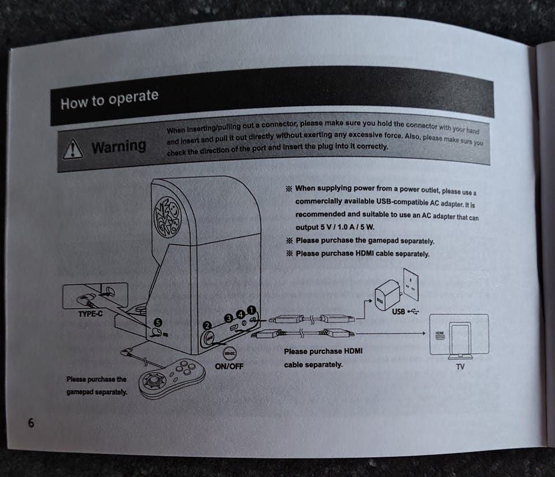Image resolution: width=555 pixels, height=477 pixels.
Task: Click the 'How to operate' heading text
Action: tap(109, 99)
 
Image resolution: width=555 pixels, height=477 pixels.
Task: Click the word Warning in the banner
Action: tap(119, 146)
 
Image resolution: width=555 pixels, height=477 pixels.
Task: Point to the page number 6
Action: tap(31, 423)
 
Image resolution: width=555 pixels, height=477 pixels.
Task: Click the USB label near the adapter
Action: tap(400, 313)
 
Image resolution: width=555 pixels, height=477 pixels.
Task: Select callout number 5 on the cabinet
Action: tap(157, 323)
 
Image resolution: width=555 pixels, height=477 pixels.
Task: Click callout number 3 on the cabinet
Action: tap(228, 317)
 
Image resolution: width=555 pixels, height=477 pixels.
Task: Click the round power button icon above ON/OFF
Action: tap(229, 352)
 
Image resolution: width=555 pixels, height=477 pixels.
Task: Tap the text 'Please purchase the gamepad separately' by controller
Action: tap(97, 386)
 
